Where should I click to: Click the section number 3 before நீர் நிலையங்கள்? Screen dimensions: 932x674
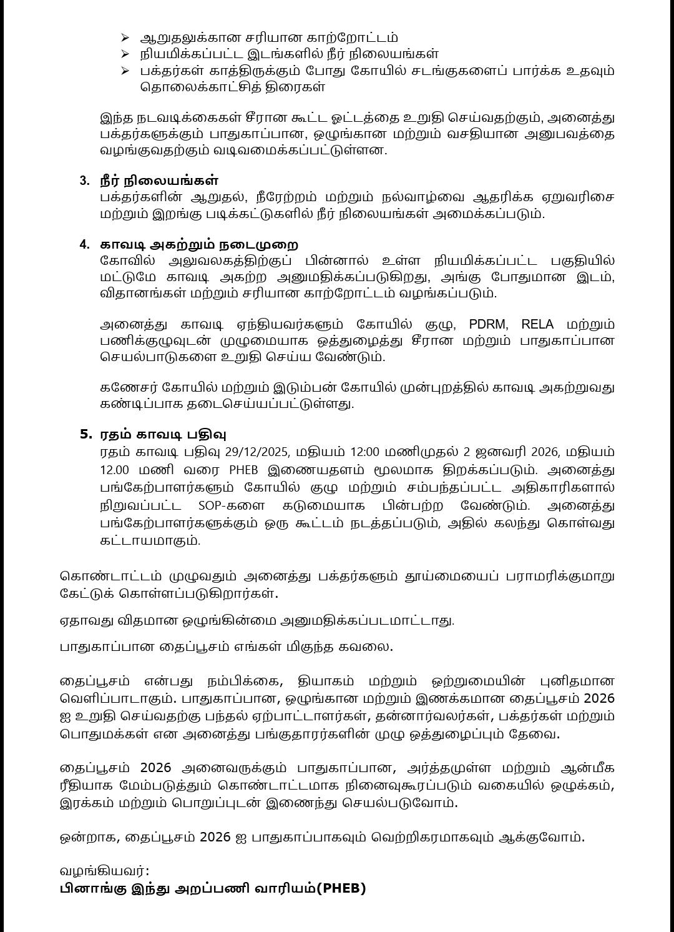pyautogui.click(x=84, y=181)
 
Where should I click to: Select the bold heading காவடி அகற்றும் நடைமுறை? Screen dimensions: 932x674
pyautogui.click(x=199, y=244)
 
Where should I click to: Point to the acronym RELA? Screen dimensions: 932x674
pyautogui.click(x=537, y=324)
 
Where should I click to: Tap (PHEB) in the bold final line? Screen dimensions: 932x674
pyautogui.click(x=341, y=888)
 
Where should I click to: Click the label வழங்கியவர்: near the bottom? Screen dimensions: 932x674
pyautogui.click(x=105, y=871)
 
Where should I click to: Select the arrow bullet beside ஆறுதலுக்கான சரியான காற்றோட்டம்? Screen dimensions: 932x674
pyautogui.click(x=125, y=38)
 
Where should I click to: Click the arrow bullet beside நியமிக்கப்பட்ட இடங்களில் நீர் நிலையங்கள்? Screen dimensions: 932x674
pyautogui.click(x=125, y=54)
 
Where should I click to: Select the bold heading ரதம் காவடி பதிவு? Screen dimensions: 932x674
pyautogui.click(x=163, y=434)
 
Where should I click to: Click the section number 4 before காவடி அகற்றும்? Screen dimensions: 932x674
pyautogui.click(x=84, y=244)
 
